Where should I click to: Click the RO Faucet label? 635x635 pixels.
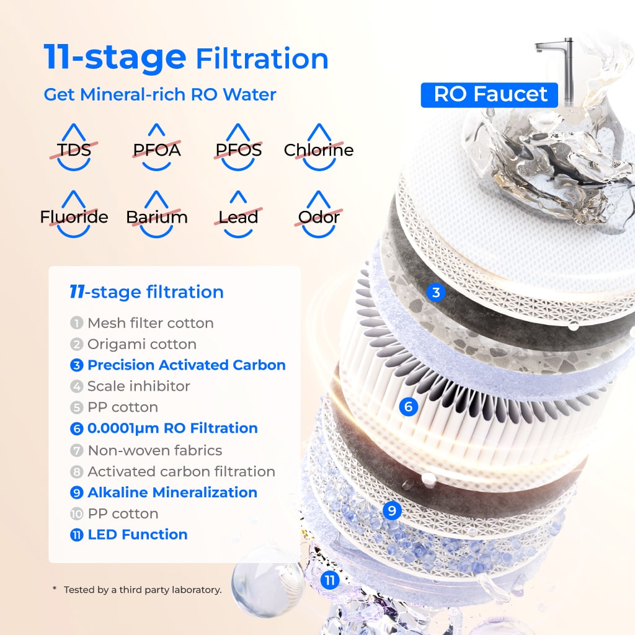tap(490, 94)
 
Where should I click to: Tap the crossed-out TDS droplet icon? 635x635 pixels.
tap(74, 149)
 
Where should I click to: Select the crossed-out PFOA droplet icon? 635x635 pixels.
tap(156, 149)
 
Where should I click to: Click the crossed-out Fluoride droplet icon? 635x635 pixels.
tap(74, 216)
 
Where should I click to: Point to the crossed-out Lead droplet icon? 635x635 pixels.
tap(238, 216)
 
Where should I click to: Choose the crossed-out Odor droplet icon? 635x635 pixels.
tap(319, 216)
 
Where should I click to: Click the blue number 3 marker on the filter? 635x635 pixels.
tap(436, 292)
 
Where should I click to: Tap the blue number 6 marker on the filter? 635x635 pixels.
tap(407, 407)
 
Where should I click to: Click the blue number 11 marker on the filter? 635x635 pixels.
tap(330, 580)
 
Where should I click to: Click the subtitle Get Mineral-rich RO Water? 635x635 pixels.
tap(159, 95)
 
